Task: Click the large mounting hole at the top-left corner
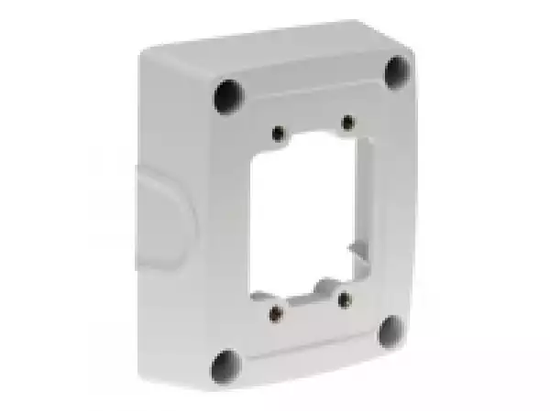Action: pyautogui.click(x=228, y=95)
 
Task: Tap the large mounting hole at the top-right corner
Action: pyautogui.click(x=396, y=70)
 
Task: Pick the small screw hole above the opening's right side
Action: pyautogui.click(x=346, y=121)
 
